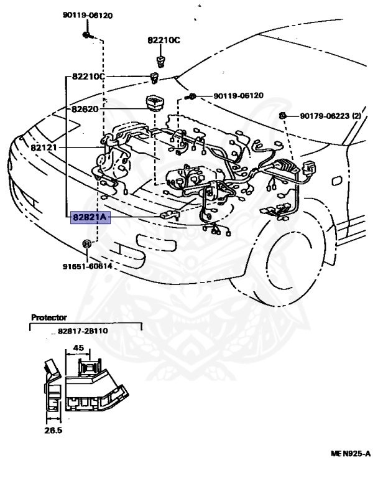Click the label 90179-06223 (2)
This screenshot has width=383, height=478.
click(331, 116)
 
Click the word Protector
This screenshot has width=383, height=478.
click(49, 317)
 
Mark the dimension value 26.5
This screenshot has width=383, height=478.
click(52, 429)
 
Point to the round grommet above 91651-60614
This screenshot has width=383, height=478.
click(87, 243)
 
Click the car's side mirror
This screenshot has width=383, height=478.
click(336, 180)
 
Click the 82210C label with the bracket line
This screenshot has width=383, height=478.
click(88, 77)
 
